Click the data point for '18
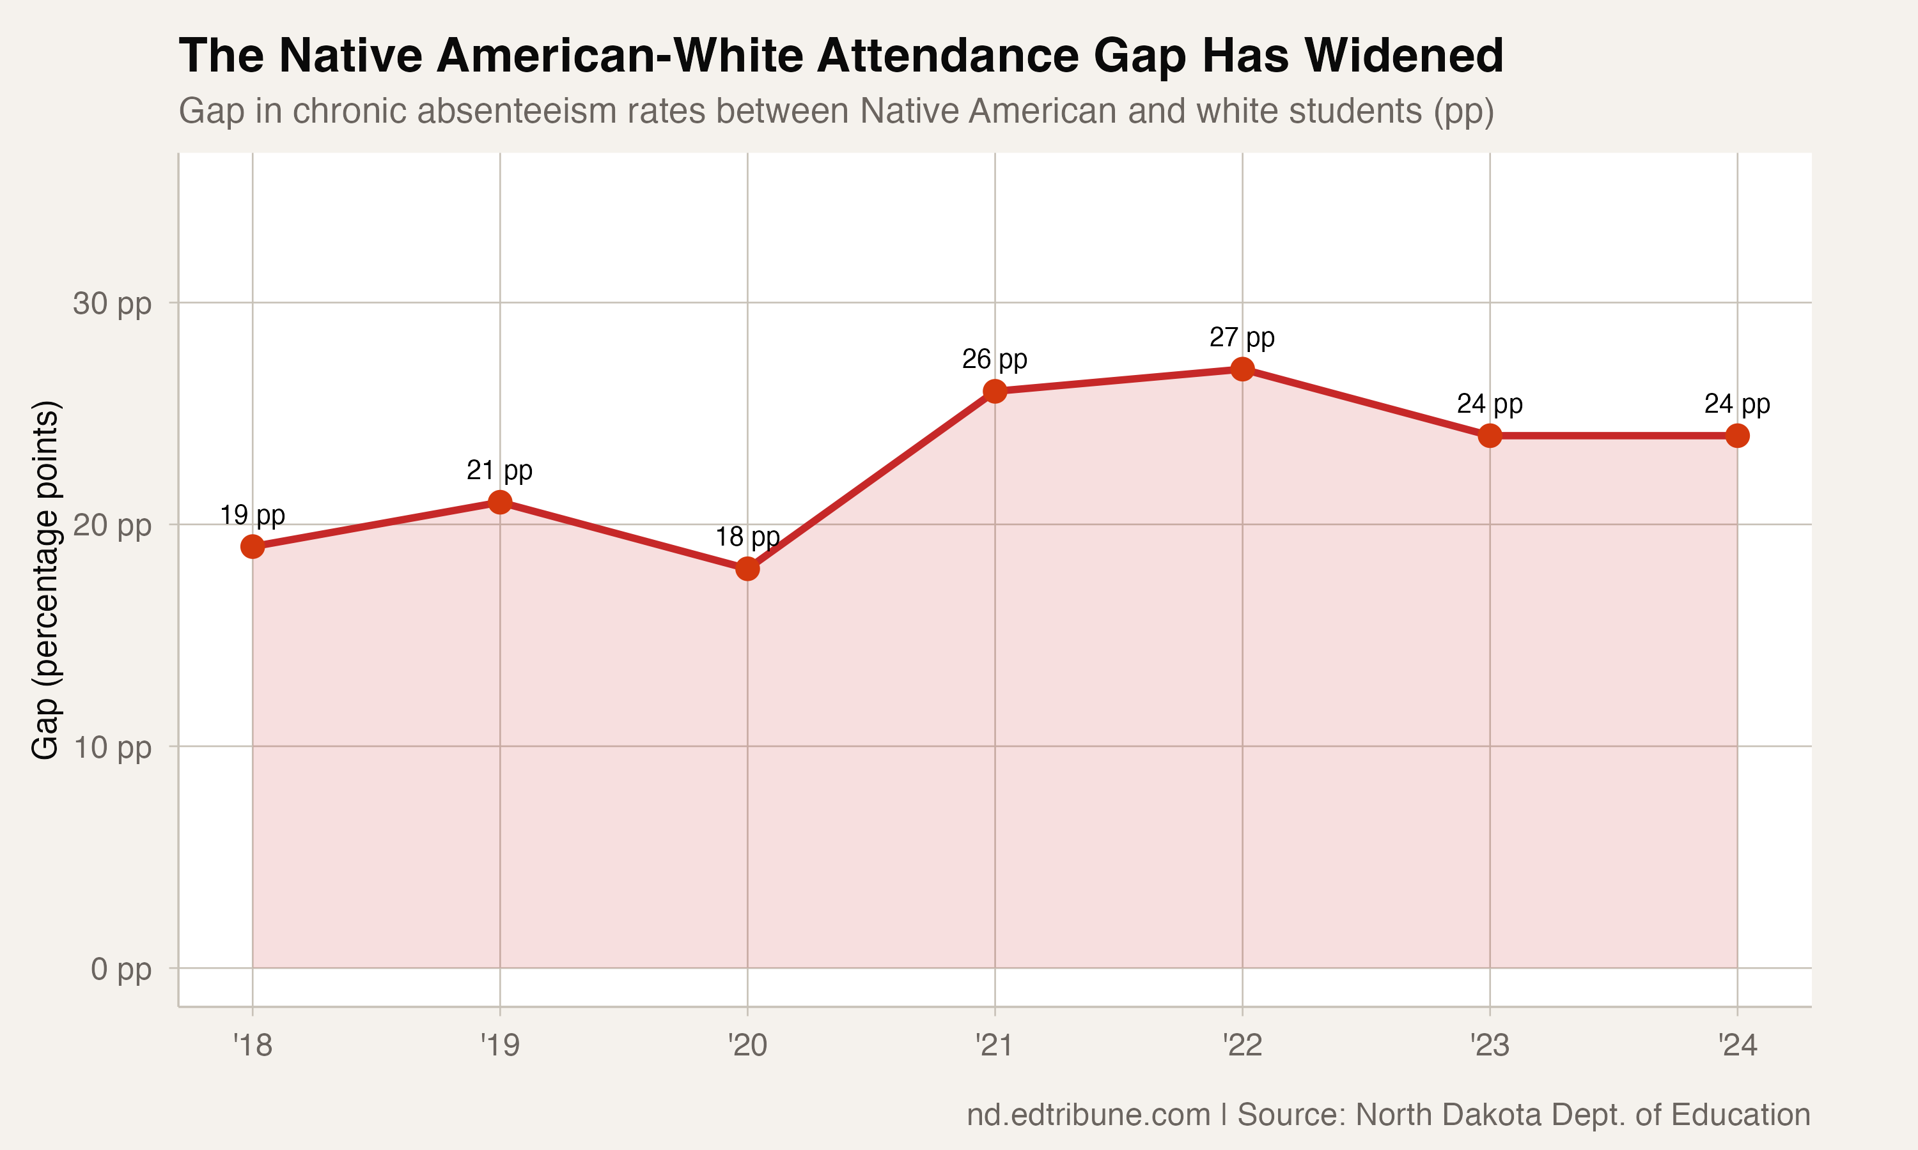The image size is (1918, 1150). click(252, 547)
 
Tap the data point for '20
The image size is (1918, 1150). click(747, 569)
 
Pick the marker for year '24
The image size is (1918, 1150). click(1737, 436)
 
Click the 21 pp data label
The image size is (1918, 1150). click(499, 470)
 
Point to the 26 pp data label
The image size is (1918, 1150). click(994, 360)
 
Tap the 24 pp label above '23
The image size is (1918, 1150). click(1489, 404)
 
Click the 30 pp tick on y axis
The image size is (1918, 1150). click(113, 303)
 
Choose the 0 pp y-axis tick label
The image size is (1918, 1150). click(121, 969)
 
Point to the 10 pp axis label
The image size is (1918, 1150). click(113, 747)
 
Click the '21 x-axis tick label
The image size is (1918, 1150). click(994, 1045)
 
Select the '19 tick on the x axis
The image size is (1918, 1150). click(499, 1045)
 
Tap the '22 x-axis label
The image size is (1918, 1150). click(1242, 1045)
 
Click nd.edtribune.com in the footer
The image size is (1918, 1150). click(1088, 1114)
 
